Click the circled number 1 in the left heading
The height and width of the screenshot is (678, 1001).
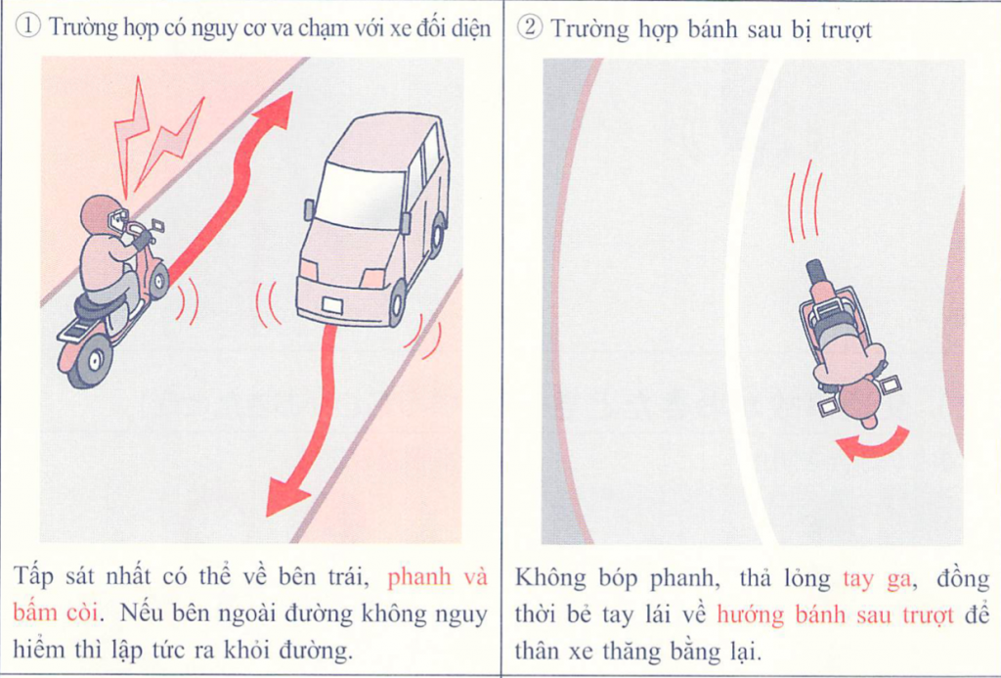pos(28,27)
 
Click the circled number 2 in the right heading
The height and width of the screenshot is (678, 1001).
pos(529,28)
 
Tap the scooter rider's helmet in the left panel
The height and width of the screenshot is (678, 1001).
pos(102,215)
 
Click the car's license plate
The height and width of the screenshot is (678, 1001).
pos(332,305)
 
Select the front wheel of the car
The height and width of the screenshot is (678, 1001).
pos(397,303)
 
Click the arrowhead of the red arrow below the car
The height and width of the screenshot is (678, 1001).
pos(284,494)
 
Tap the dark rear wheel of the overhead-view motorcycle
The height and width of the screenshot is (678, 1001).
pos(816,274)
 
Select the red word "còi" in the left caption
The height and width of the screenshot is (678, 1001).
pos(83,612)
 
